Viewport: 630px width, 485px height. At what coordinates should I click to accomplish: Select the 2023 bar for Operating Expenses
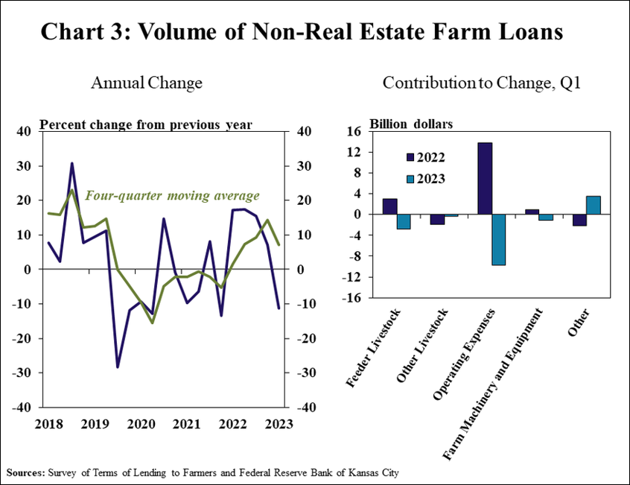coord(499,239)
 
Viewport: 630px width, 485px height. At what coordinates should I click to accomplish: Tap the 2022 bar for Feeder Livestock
coord(389,206)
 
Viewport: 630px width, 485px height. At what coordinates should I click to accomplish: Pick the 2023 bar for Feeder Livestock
coord(403,221)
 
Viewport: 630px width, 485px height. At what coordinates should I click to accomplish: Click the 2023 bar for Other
coord(594,205)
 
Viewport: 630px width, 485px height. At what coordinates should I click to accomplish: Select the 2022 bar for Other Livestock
coord(437,219)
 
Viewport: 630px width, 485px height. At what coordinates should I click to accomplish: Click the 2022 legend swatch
coord(410,157)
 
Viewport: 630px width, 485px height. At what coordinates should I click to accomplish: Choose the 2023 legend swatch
coord(410,179)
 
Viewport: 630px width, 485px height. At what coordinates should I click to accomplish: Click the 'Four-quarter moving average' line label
coord(173,196)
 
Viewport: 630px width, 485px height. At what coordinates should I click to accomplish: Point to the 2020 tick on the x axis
coord(141,424)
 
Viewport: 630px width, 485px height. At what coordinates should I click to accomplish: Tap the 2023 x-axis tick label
coord(279,424)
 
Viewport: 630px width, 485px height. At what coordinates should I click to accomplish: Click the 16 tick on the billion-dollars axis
coord(354,131)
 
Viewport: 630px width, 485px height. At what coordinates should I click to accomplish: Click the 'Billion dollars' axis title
coord(411,124)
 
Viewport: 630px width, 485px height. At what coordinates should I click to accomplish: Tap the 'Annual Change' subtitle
coord(147,83)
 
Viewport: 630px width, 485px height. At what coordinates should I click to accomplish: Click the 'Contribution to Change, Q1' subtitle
coord(481,83)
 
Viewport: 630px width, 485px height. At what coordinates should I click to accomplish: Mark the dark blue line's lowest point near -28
coord(117,367)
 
